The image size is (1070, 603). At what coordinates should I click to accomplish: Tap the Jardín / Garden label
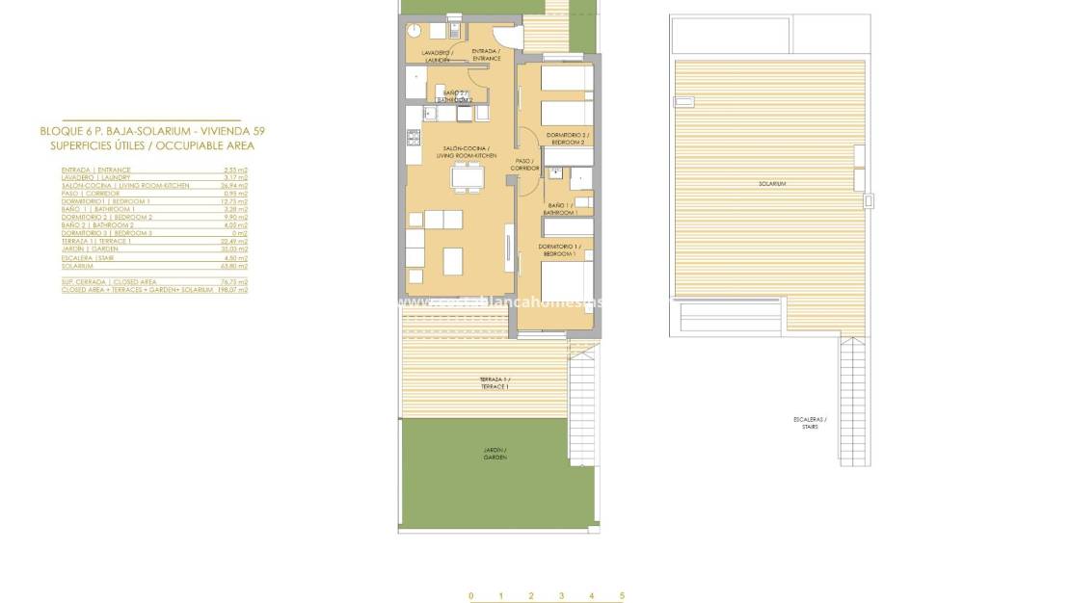coord(495,454)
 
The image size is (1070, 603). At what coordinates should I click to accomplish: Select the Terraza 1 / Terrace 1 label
coord(495,383)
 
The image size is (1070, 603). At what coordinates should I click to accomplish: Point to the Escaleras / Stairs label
coord(810,423)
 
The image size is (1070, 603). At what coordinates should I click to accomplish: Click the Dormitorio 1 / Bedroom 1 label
coord(558,250)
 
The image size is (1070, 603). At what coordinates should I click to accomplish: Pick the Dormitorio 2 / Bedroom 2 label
coord(568,139)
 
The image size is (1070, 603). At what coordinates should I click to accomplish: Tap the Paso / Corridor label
coord(524,165)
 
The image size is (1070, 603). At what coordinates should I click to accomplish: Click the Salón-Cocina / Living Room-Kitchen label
coord(467,151)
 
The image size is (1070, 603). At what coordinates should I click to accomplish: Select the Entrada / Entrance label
coord(486,55)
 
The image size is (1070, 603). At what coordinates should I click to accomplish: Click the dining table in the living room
coord(468,177)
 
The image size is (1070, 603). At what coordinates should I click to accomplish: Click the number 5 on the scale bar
coord(623,596)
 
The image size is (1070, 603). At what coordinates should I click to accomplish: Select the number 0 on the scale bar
coord(470,596)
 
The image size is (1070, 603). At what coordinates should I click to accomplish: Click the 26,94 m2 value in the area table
coord(235,185)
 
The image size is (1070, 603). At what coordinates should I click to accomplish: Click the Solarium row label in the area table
coord(77,266)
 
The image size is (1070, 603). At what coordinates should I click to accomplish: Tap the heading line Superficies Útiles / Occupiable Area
coord(152,145)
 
